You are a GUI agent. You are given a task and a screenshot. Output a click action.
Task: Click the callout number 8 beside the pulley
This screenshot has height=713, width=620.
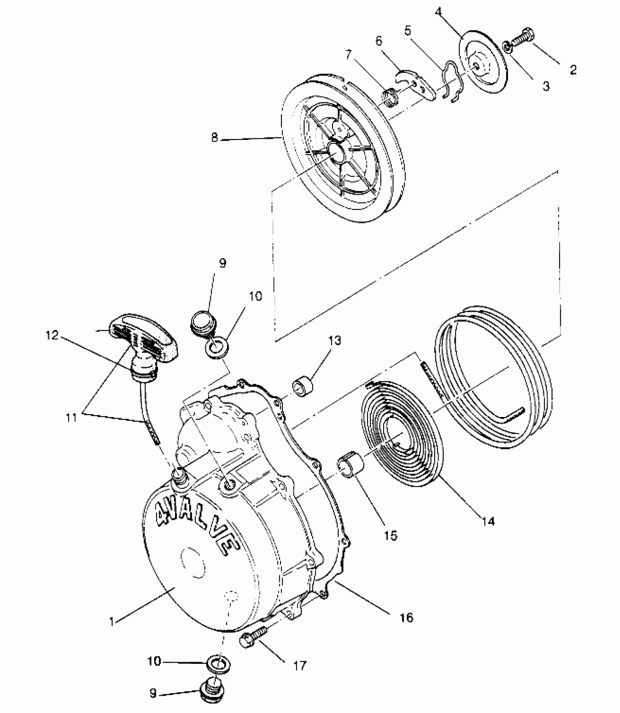pyautogui.click(x=214, y=138)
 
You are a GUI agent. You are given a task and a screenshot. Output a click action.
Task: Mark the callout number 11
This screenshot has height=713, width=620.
pyautogui.click(x=72, y=417)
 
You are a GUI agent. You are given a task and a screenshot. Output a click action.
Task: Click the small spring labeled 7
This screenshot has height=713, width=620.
pyautogui.click(x=391, y=99)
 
